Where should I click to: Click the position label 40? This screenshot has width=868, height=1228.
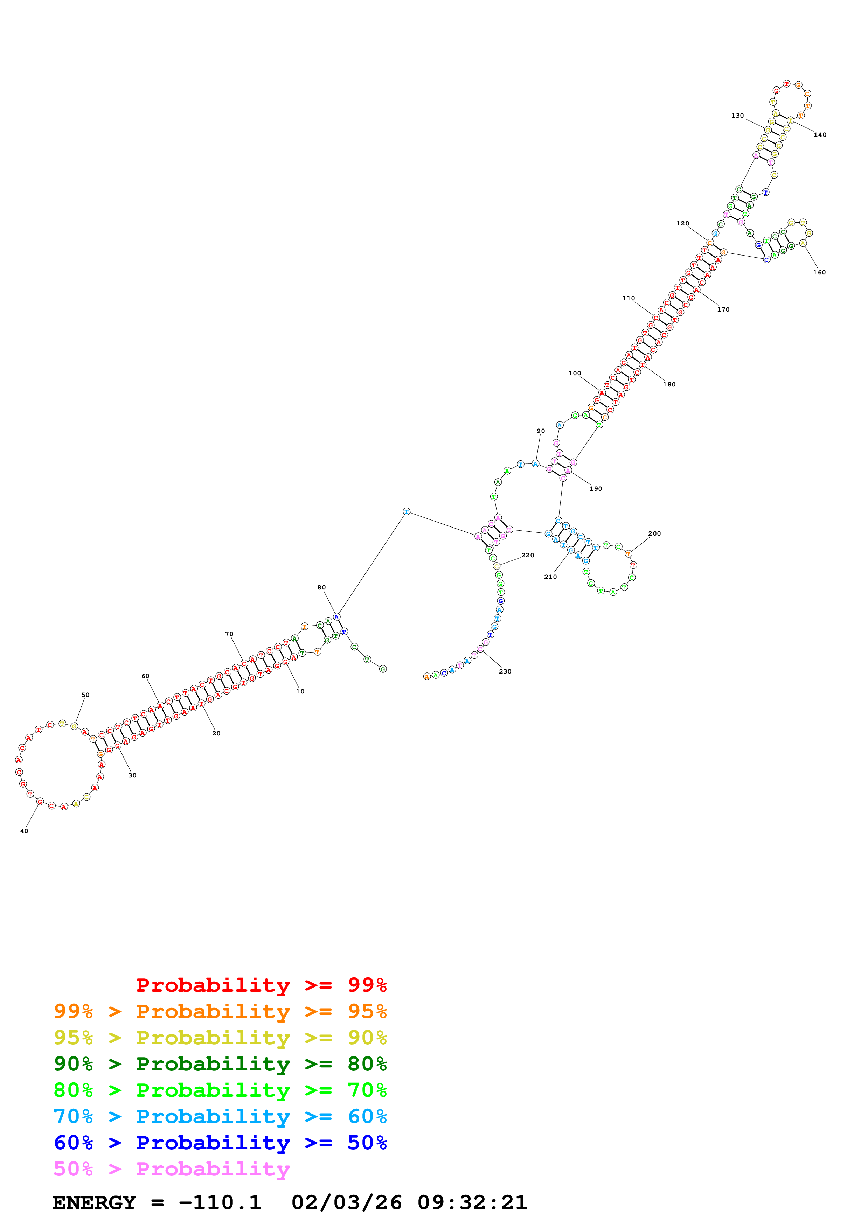click(x=24, y=831)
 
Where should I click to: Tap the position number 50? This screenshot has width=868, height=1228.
click(x=85, y=695)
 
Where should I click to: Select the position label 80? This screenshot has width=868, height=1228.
click(x=321, y=587)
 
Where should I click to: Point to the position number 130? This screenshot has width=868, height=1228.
click(x=737, y=116)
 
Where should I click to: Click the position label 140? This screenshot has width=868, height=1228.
click(x=820, y=135)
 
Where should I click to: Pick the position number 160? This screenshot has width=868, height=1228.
click(x=819, y=272)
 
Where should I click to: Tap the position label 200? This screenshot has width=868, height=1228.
click(x=655, y=533)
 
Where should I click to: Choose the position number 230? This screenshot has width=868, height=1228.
click(x=505, y=671)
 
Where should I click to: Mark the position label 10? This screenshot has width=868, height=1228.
click(x=300, y=691)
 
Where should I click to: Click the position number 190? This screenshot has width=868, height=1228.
click(x=596, y=488)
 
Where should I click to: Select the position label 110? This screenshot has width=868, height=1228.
click(x=629, y=299)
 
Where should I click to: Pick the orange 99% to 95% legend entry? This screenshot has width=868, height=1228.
click(x=220, y=1011)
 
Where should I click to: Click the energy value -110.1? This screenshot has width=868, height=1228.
click(x=220, y=1202)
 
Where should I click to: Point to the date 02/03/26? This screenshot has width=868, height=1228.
click(x=347, y=1202)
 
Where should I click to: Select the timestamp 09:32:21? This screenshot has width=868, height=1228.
click(x=472, y=1202)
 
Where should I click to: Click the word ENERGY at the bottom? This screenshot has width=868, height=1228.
click(x=94, y=1202)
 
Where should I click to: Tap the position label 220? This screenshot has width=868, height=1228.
click(x=528, y=555)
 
